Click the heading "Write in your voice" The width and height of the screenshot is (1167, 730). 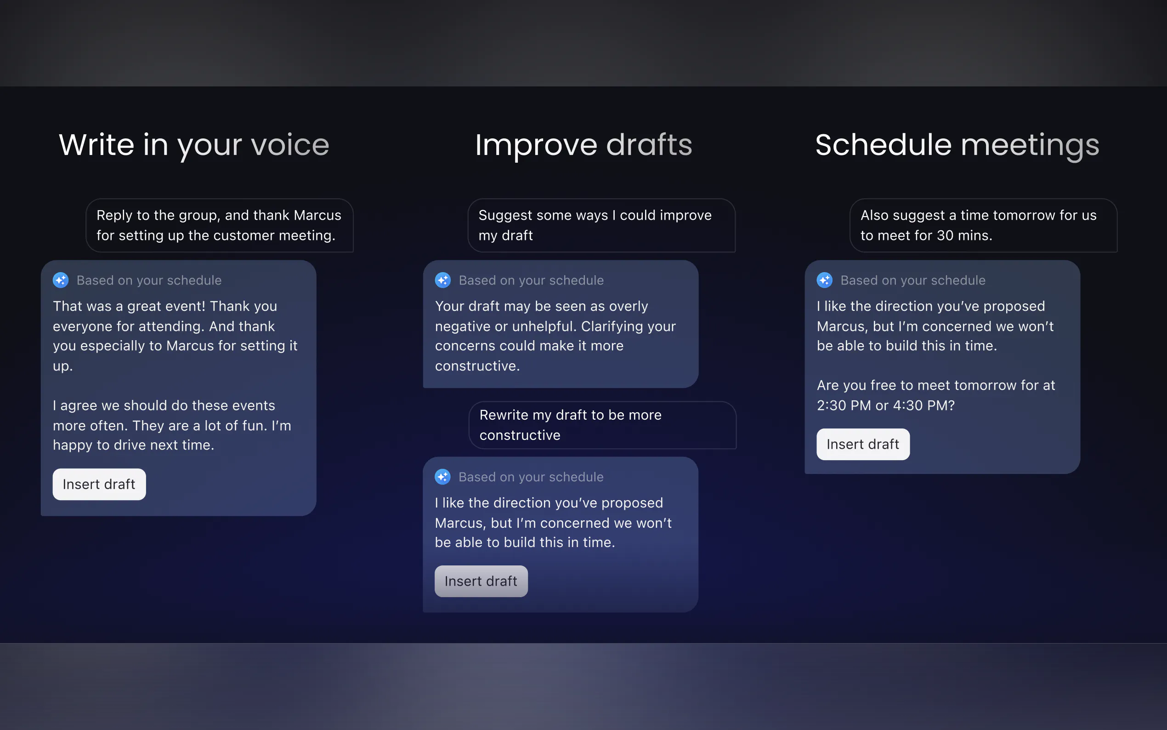194,145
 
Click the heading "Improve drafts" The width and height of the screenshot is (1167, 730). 584,145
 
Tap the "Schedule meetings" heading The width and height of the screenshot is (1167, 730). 957,145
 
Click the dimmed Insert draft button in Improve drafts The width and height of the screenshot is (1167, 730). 481,582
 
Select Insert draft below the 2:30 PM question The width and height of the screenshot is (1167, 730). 863,444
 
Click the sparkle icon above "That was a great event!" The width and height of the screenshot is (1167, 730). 61,280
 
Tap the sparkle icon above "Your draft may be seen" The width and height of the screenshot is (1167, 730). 443,280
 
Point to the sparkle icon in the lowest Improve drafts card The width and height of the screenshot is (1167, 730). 443,477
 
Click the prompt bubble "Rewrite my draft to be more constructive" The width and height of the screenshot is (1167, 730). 602,425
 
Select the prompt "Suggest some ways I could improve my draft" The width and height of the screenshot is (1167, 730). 601,225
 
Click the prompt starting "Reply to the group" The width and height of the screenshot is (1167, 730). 220,225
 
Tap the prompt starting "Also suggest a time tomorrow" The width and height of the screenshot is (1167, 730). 984,225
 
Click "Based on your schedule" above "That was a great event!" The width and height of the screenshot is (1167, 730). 149,280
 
